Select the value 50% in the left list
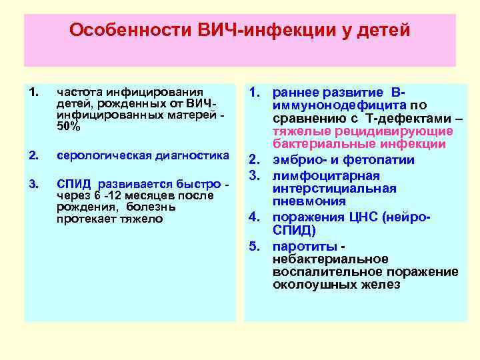[x=69, y=127]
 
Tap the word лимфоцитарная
[x=325, y=175]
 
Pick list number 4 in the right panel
[x=255, y=217]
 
